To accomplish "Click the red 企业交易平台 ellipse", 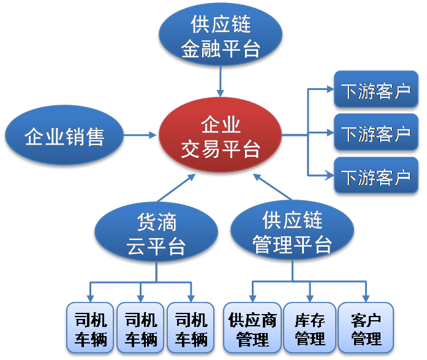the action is click(220, 135).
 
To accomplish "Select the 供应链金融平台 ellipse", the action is click(221, 34).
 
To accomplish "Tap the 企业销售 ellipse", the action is click(64, 135).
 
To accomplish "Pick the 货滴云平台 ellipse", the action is click(156, 231).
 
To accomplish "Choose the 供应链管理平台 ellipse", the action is click(292, 230).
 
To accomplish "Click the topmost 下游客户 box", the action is click(376, 89).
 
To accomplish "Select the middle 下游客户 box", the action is click(376, 132).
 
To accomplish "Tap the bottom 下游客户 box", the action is click(376, 175).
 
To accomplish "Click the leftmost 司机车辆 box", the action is click(90, 328).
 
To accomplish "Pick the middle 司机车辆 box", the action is click(140, 328).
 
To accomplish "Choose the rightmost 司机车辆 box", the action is click(191, 328).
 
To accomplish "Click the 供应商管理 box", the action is click(252, 328).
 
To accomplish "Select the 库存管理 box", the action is click(309, 328).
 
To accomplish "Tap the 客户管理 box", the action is click(366, 328).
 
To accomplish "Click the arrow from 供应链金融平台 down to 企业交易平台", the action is click(221, 81).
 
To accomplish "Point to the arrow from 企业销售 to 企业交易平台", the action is click(140, 135).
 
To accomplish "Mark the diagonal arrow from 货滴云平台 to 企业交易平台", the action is click(176, 188).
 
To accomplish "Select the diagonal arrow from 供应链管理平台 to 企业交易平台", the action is click(273, 187).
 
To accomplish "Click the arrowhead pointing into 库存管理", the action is click(310, 298).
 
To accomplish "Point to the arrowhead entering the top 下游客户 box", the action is click(330, 89).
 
